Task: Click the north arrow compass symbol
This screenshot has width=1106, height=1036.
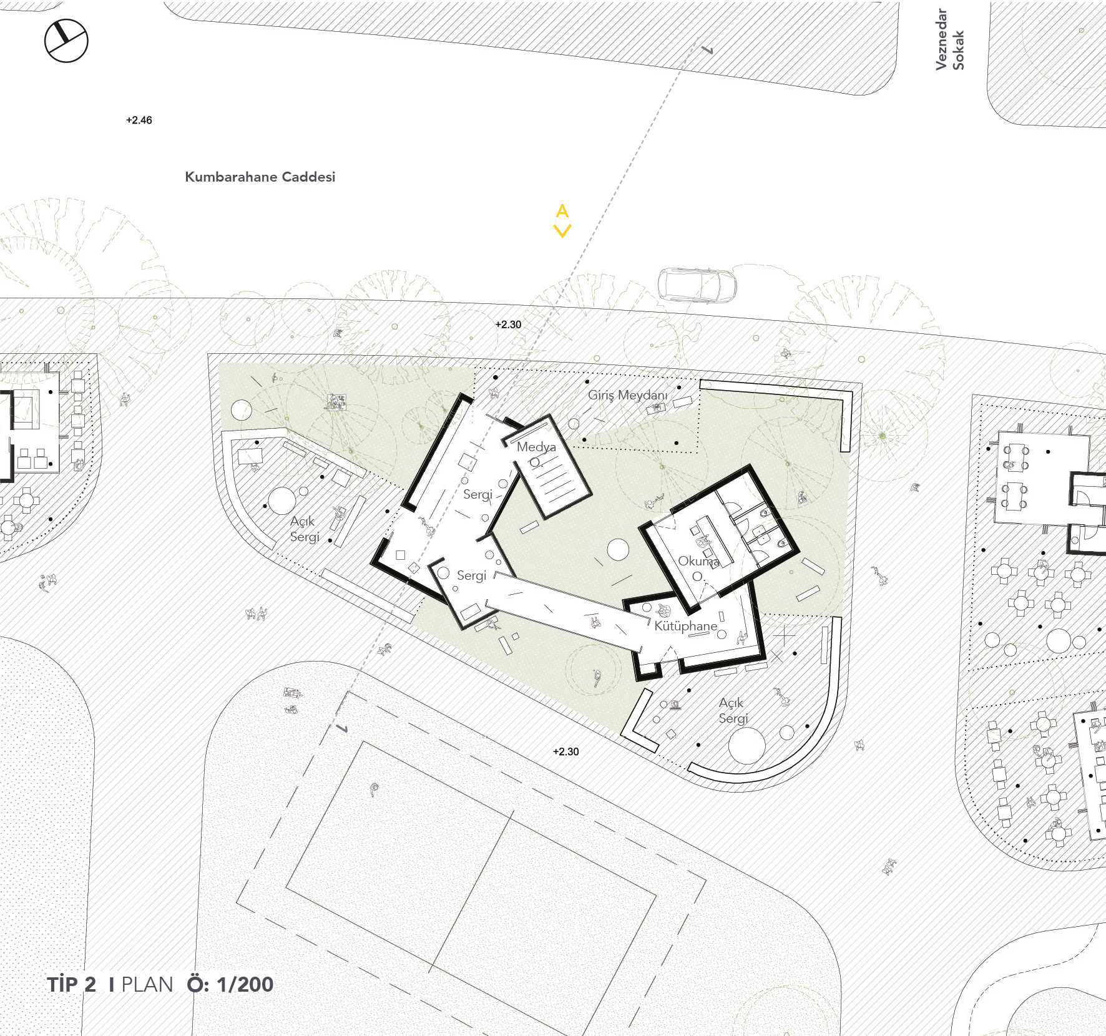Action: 66,41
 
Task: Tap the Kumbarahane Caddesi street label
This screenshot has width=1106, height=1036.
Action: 260,177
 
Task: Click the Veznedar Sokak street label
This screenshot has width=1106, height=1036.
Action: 949,39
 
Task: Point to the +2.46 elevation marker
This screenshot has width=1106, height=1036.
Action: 139,120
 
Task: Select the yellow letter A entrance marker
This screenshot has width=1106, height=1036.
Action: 562,211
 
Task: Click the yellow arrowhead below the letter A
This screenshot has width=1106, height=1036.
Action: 562,231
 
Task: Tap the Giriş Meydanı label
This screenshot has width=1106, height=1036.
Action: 628,395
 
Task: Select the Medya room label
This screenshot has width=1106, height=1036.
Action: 536,447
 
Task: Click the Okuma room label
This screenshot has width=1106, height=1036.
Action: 698,561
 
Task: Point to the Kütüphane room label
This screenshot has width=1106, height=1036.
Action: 686,626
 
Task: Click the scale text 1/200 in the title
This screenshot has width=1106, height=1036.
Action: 245,984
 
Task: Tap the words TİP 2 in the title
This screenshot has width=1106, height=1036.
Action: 72,984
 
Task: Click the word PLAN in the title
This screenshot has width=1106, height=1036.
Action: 147,985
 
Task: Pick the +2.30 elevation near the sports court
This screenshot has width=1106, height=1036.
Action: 566,751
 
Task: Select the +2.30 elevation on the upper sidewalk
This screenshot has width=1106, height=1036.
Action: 508,325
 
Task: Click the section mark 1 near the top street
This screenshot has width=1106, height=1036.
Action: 708,49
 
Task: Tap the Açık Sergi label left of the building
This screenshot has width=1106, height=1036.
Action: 305,529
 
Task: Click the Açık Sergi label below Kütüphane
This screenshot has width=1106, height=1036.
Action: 733,710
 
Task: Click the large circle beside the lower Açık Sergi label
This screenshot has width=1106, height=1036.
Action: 747,745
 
